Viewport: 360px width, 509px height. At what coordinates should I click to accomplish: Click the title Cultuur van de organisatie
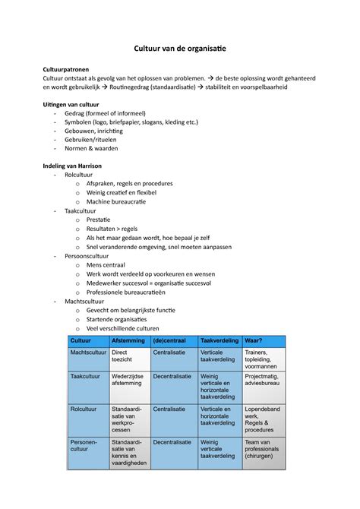click(x=180, y=48)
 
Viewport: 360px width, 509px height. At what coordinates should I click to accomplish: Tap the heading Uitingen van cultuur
click(x=72, y=103)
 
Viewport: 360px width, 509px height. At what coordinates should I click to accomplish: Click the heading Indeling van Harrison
click(x=74, y=165)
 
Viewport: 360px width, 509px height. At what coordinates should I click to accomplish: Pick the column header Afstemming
click(x=127, y=340)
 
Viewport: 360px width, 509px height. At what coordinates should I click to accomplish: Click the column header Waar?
click(x=254, y=340)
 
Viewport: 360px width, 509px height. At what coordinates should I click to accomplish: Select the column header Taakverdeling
click(x=219, y=340)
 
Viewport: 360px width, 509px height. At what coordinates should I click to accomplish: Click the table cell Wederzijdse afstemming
click(x=128, y=380)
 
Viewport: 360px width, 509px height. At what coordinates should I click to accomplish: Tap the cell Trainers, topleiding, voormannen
click(x=261, y=359)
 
